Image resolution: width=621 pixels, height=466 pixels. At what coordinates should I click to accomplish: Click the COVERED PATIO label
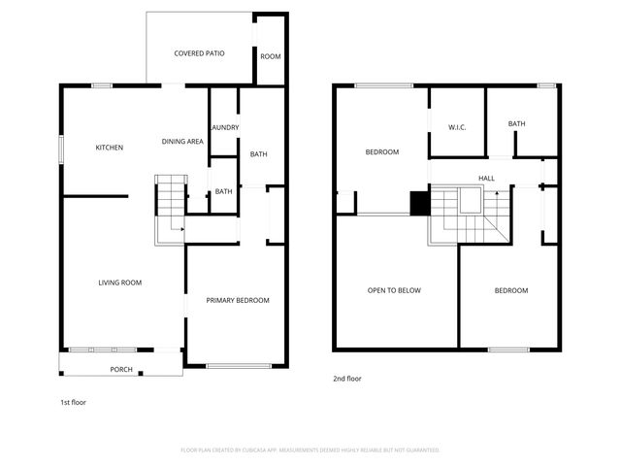tap(199, 53)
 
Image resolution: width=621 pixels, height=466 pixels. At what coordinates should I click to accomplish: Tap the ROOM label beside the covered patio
tap(271, 56)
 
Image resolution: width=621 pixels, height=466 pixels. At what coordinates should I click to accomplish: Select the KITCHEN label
tap(109, 148)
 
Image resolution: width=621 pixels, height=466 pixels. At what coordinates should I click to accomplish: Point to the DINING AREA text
tap(182, 142)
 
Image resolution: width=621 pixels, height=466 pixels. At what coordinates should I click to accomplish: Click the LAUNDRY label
tap(224, 127)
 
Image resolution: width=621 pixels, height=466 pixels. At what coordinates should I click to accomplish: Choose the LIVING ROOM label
tap(120, 283)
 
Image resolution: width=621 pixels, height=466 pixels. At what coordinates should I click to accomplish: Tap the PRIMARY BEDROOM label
tap(238, 300)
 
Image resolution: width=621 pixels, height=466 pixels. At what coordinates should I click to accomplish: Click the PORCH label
tap(121, 369)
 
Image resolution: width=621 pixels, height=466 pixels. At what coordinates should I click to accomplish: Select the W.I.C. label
tap(458, 127)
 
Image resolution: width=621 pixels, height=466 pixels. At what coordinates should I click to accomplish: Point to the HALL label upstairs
tap(486, 179)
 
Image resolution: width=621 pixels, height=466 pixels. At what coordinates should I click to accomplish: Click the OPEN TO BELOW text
tap(394, 290)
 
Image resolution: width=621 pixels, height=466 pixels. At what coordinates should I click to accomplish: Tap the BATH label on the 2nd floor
tap(516, 123)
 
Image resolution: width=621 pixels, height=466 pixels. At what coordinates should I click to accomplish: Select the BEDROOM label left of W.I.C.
tap(381, 151)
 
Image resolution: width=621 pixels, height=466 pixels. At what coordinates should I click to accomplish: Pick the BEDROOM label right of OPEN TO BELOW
tap(511, 290)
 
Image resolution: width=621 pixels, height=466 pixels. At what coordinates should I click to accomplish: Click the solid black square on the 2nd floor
tap(419, 203)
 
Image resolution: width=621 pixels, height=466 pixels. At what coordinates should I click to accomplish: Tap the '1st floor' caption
tap(73, 401)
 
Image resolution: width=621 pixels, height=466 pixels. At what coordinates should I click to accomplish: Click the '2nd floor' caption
tap(347, 379)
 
